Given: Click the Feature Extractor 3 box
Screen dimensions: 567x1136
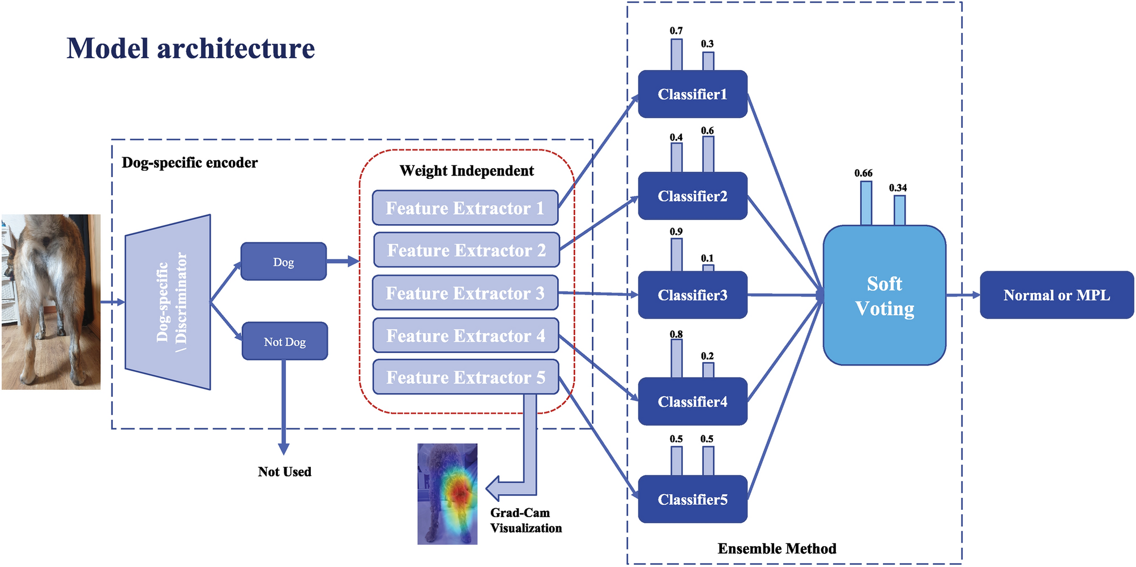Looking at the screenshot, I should pos(465,293).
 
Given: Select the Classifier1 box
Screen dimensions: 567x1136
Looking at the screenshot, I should pos(692,94).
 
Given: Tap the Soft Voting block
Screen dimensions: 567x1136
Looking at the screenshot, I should pos(884,295).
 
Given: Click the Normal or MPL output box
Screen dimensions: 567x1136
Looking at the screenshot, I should pos(1056,295).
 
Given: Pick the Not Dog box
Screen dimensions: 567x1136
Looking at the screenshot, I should pos(284,341).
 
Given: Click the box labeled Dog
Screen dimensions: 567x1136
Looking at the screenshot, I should pos(283,261).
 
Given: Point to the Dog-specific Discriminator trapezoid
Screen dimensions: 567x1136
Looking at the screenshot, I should pos(168,302).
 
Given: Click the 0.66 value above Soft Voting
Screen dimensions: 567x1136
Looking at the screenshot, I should pos(863,173).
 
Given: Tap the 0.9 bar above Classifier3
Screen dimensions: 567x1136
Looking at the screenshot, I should pos(676,255).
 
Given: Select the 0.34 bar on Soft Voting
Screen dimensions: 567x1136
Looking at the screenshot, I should pos(899,210).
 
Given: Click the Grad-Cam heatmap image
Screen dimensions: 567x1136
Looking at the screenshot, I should pos(447,494).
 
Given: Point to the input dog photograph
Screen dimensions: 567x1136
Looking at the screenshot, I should pos(51,302).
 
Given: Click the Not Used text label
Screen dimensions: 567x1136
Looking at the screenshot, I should pos(284,471).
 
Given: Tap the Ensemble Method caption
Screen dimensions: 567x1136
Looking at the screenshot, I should pos(776,548).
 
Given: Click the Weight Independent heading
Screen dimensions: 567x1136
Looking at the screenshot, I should pos(466,170).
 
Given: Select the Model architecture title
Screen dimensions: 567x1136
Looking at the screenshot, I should pos(190,48).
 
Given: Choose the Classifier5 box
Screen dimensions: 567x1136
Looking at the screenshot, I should pos(692,499).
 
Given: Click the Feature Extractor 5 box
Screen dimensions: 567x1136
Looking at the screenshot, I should pos(465,377).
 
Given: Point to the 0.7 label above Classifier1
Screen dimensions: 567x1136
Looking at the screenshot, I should pos(676,31).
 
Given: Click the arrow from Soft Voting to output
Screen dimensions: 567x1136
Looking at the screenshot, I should pos(963,295).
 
